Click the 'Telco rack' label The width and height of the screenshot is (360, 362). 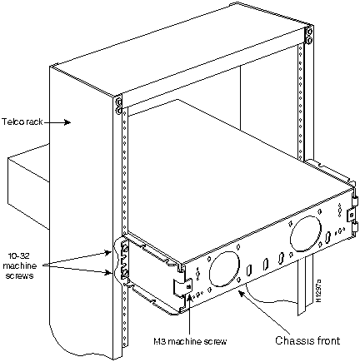click(22, 121)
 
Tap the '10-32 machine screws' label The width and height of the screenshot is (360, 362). click(20, 265)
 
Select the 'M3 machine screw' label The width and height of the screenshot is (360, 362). click(190, 341)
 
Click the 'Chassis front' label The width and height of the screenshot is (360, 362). click(307, 340)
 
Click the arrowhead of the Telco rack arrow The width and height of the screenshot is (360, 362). click(67, 121)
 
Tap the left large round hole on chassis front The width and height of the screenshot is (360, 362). click(224, 269)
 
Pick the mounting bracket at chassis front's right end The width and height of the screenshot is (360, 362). click(352, 215)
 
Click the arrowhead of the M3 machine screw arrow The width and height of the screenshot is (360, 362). click(190, 299)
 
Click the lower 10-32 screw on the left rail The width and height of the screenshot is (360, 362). click(125, 273)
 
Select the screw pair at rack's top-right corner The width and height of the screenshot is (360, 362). click(308, 34)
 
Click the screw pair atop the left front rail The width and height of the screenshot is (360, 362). click(118, 106)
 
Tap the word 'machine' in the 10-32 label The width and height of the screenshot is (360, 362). click(20, 265)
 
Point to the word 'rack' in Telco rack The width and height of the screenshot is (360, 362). click(34, 121)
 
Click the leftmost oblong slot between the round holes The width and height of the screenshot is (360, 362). click(249, 270)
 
